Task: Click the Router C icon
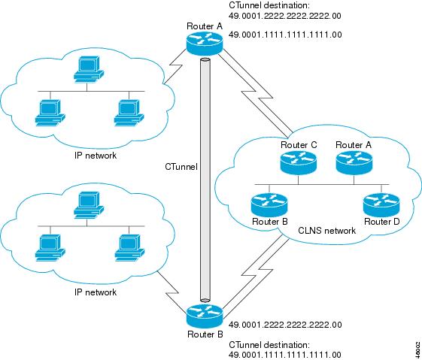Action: pos(298,163)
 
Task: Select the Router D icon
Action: pos(381,205)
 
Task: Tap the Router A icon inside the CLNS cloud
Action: pos(354,163)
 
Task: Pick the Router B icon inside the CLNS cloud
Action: pos(269,205)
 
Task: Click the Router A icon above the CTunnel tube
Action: pos(205,44)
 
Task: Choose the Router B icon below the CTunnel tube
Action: pos(205,316)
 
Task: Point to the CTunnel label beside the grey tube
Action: pos(181,167)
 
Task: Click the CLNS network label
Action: pos(327,231)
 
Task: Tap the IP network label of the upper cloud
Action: pos(96,156)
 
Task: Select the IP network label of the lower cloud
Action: pos(96,292)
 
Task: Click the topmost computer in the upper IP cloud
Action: pos(89,69)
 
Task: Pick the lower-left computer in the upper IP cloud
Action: pos(50,113)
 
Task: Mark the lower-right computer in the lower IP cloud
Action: pos(129,248)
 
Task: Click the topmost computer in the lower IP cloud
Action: pos(89,204)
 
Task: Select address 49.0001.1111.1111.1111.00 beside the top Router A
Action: pos(285,35)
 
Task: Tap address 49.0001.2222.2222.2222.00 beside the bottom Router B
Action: pos(285,325)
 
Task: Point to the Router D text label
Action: pos(381,222)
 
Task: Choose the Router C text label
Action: pos(299,145)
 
